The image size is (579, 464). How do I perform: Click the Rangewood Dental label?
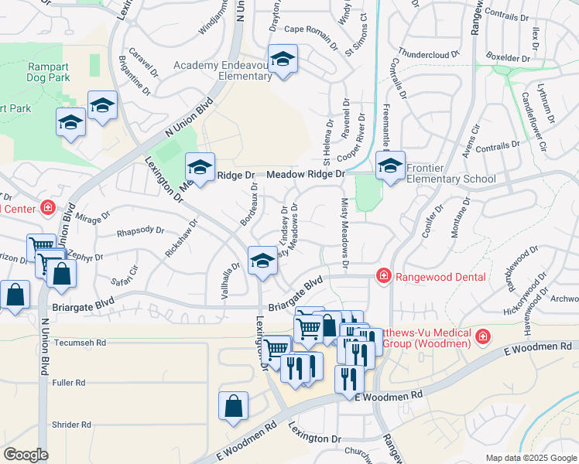coord(442,277)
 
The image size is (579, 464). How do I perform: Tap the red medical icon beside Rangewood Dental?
coord(382,275)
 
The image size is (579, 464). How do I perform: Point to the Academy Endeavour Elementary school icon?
coord(283,60)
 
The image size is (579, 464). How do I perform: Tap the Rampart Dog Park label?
coord(49,72)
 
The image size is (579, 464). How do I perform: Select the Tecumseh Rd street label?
coord(80,342)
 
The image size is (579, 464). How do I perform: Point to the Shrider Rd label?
coord(71,425)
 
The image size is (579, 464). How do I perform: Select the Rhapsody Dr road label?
coord(140,230)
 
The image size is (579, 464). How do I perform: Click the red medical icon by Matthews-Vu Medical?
coord(483,336)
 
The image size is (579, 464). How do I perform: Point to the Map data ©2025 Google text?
coord(530,458)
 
